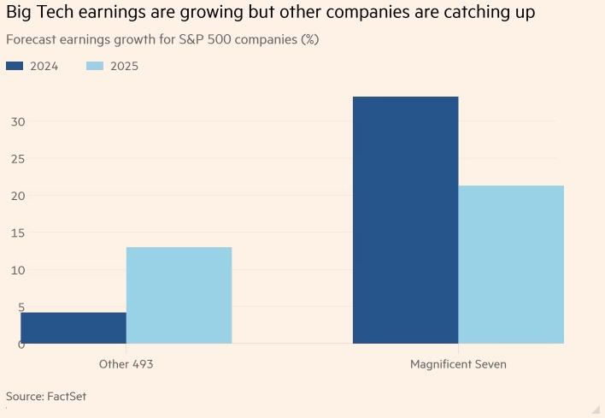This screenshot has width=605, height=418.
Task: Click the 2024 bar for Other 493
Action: tap(73, 328)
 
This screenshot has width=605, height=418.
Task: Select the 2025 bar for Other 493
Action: tap(179, 295)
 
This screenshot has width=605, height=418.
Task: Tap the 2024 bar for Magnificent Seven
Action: tap(405, 220)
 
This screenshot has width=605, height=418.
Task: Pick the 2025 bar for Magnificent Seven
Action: tap(511, 264)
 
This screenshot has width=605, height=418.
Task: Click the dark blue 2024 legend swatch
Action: tap(14, 66)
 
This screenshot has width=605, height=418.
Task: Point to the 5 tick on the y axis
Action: tap(17, 307)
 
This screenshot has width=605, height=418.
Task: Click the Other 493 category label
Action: tap(126, 364)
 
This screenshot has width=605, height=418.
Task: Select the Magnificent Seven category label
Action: tap(458, 364)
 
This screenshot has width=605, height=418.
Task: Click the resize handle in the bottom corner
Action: tap(596, 409)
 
